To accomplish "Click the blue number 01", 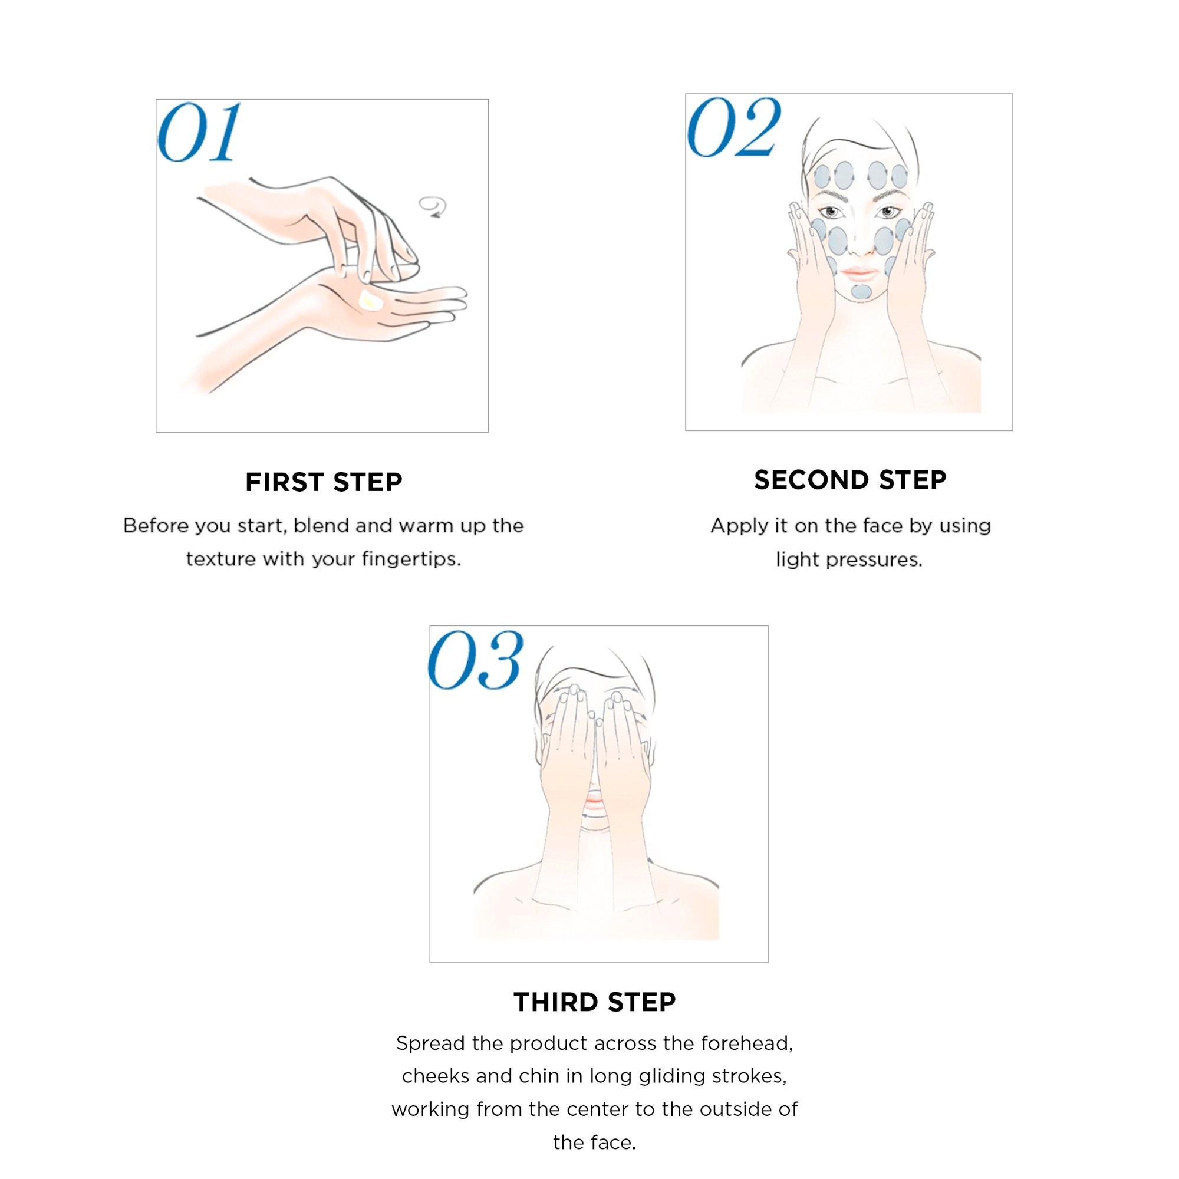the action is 198,133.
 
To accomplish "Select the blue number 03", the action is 475,661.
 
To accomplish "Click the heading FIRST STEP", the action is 324,483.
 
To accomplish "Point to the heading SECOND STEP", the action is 850,480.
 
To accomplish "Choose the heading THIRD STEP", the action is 595,1002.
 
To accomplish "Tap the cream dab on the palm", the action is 370,301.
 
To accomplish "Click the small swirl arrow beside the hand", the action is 432,207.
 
